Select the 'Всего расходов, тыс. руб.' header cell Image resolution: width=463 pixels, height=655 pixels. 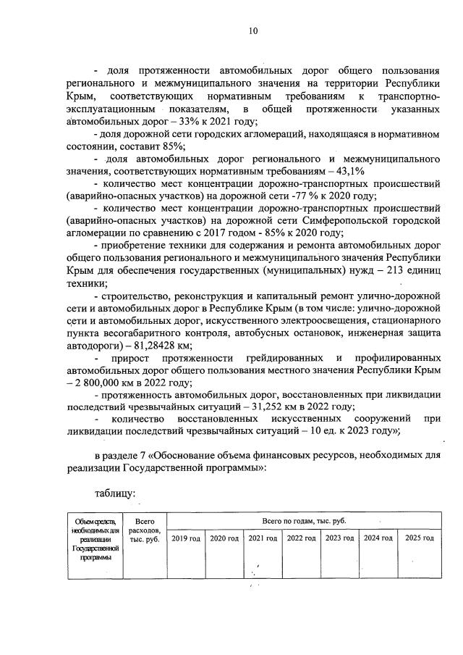[x=145, y=530]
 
